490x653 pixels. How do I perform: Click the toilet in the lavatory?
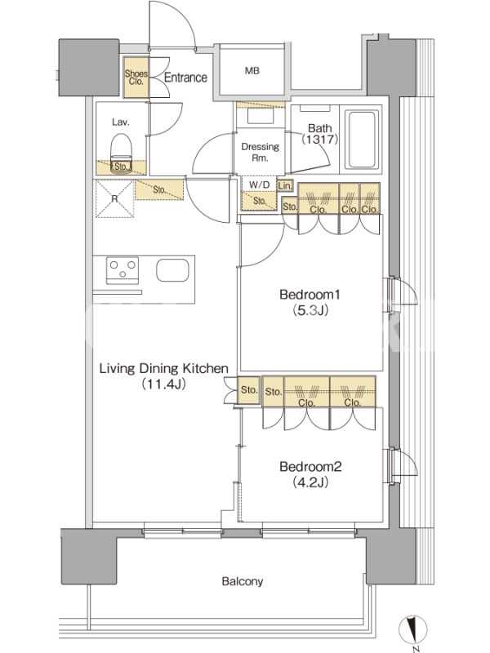pyautogui.click(x=121, y=153)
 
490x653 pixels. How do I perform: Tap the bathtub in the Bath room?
pyautogui.click(x=360, y=139)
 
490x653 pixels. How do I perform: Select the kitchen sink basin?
pyautogui.click(x=172, y=270)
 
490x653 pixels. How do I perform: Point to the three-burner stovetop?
pyautogui.click(x=122, y=270)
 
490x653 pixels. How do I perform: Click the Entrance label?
pyautogui.click(x=185, y=78)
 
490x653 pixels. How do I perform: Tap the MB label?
pyautogui.click(x=252, y=71)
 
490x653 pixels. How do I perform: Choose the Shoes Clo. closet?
pyautogui.click(x=136, y=78)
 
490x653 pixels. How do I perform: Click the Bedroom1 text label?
pyautogui.click(x=310, y=295)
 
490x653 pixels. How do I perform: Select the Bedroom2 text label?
pyautogui.click(x=310, y=466)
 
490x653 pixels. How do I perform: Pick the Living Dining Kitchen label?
pyautogui.click(x=164, y=368)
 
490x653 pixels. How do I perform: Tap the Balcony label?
pyautogui.click(x=242, y=581)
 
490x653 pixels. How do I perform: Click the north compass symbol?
pyautogui.click(x=412, y=630)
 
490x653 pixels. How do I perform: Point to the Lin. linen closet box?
pyautogui.click(x=285, y=186)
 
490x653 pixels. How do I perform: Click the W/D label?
pyautogui.click(x=259, y=184)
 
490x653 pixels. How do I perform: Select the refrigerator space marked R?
pyautogui.click(x=114, y=198)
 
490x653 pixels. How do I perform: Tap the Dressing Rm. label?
pyautogui.click(x=260, y=152)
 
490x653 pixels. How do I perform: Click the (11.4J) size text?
pyautogui.click(x=163, y=384)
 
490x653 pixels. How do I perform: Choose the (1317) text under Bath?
pyautogui.click(x=319, y=139)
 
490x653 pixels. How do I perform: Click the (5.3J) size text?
pyautogui.click(x=310, y=310)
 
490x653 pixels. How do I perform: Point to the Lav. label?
pyautogui.click(x=120, y=122)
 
